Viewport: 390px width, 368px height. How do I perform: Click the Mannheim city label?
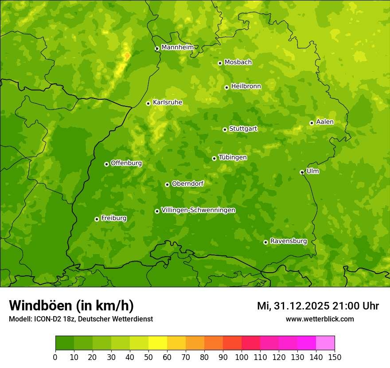point(177,47)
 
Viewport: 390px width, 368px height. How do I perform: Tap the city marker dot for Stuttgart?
point(225,129)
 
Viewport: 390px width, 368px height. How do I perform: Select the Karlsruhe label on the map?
point(168,102)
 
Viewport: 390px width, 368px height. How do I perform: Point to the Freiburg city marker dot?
point(97,219)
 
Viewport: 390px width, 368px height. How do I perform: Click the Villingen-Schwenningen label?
point(198,210)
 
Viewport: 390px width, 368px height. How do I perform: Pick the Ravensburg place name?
point(289,241)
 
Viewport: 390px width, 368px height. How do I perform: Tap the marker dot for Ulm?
point(302,172)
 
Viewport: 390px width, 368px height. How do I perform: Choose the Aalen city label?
point(325,122)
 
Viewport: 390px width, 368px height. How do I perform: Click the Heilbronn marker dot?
point(226,87)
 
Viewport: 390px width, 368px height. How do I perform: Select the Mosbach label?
point(238,63)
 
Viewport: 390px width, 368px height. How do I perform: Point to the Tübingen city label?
point(233,157)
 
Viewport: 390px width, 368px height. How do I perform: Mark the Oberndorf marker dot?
point(167,184)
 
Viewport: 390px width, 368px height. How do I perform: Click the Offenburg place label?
point(126,163)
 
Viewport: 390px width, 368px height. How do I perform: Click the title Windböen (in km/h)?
point(71,305)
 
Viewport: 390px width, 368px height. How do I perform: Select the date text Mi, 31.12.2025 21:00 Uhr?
point(318,306)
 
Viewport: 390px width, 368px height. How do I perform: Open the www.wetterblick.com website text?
point(320,319)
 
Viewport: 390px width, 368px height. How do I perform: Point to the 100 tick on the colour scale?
point(242,357)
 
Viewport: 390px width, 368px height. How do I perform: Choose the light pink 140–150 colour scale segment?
point(325,343)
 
